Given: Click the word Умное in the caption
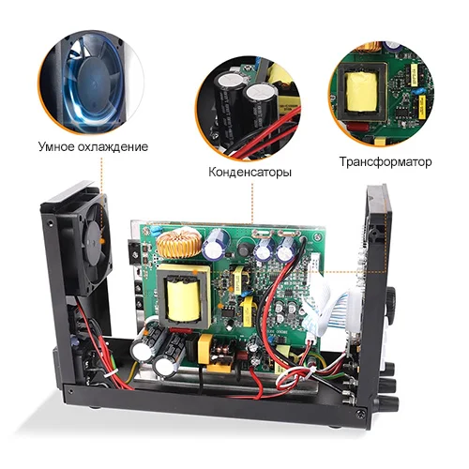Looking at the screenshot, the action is point(56,146).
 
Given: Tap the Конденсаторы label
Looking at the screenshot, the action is point(250,173).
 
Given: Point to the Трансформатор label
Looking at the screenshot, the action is point(386,162).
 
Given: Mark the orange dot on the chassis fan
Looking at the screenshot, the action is point(101,241).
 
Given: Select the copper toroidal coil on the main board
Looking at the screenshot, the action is point(178,242).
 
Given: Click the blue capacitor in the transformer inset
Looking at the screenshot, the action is point(417,91).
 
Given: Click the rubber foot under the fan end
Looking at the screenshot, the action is point(94,407).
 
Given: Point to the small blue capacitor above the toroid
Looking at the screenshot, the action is point(155,231).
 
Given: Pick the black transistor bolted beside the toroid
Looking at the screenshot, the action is point(134,250).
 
